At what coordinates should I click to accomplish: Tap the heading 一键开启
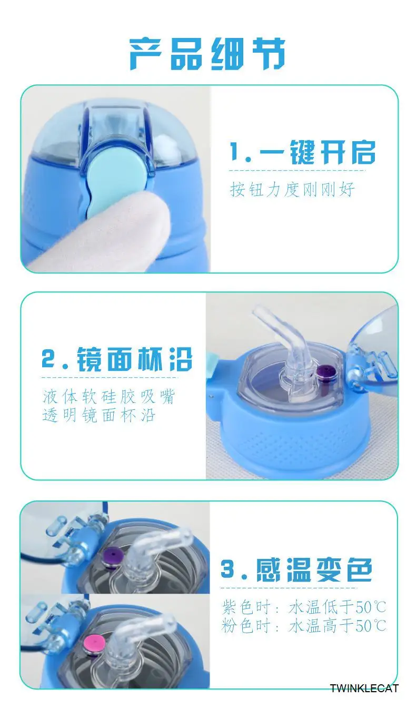click(317, 153)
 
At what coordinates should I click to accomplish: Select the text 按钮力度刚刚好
click(292, 189)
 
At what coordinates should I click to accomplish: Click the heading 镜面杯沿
click(135, 359)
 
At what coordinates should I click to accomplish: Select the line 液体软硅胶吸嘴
click(108, 397)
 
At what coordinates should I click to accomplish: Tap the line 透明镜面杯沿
click(99, 415)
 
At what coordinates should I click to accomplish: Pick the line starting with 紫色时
click(304, 607)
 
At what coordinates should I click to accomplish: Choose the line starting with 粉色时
click(304, 626)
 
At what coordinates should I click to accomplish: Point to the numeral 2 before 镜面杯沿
click(48, 359)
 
